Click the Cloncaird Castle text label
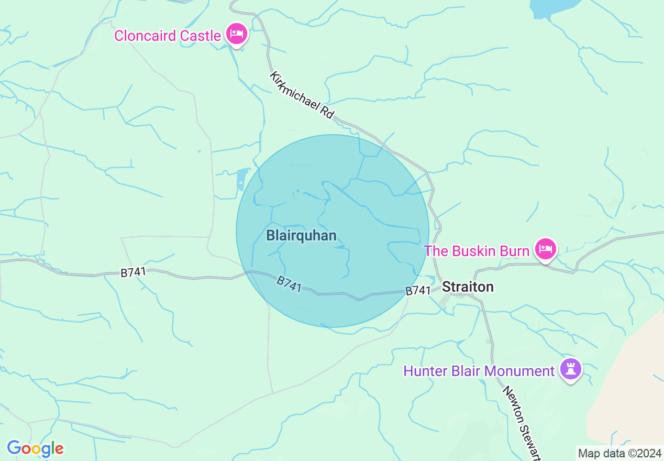(167, 36)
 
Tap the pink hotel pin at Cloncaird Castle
(237, 35)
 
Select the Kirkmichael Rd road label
(302, 95)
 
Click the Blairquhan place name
(301, 236)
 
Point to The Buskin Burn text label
(477, 251)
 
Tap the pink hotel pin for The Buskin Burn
(545, 249)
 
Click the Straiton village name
(468, 287)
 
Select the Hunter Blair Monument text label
(479, 371)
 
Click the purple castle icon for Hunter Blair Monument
(571, 369)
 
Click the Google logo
(35, 448)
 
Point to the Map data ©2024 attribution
(619, 453)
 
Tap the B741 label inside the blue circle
(289, 284)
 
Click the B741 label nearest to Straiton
(418, 291)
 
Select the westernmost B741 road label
(134, 272)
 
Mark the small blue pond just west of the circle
(241, 179)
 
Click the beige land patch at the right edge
(628, 388)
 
